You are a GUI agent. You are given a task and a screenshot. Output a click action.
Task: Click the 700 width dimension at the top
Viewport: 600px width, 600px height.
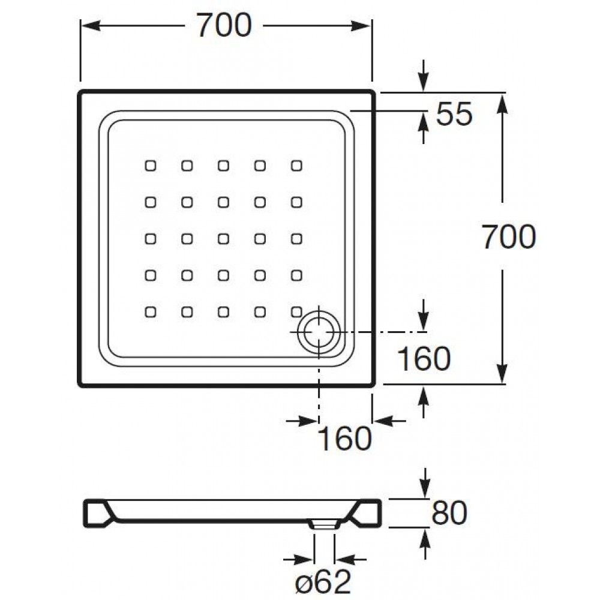coord(224,26)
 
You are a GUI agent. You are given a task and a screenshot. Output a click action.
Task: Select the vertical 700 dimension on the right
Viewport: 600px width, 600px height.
coord(509,237)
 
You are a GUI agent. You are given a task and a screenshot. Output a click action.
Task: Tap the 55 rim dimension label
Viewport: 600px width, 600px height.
coord(455,114)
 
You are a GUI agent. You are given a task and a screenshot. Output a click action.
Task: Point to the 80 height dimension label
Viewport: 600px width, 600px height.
coord(449,513)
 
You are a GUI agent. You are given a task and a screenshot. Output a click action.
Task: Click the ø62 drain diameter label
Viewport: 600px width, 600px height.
coord(323,582)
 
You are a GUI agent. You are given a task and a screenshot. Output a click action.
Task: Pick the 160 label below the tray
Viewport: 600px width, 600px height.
coord(345,439)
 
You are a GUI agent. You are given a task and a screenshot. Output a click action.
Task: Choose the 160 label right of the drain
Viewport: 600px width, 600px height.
coord(424,359)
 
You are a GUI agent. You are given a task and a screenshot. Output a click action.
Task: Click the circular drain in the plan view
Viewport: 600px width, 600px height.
coord(319,332)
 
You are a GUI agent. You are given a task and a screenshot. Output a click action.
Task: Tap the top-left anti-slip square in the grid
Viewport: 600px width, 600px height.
coord(151,166)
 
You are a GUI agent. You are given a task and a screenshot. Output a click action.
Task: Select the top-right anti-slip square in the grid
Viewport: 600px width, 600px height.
coord(296,166)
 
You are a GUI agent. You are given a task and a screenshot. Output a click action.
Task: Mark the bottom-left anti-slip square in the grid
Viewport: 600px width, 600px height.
coord(151,312)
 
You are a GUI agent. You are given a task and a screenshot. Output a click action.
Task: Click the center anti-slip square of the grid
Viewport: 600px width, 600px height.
coord(223,239)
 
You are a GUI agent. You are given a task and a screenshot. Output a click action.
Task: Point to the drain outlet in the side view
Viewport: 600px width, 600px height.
coord(324,524)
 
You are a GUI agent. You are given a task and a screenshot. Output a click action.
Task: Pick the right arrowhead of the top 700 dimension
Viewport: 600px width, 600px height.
coord(361,26)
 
